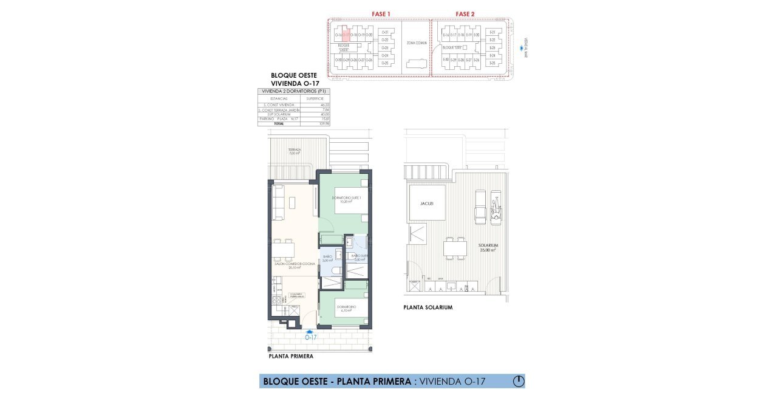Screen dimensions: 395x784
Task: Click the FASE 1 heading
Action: pyautogui.click(x=380, y=13)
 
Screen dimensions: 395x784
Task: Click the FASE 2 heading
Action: pyautogui.click(x=465, y=13)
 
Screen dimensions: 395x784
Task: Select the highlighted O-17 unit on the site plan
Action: pyautogui.click(x=346, y=35)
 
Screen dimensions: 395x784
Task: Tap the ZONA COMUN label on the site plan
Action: pyautogui.click(x=415, y=44)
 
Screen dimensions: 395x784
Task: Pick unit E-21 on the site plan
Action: pyautogui.click(x=493, y=32)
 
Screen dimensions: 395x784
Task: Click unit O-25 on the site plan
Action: pyautogui.click(x=383, y=63)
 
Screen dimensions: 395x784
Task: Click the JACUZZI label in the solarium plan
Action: pyautogui.click(x=428, y=204)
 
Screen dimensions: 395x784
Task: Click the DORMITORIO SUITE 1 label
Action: pyautogui.click(x=346, y=199)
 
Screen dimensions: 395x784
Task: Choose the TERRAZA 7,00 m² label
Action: pyautogui.click(x=295, y=151)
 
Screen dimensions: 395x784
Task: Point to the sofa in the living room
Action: pyautogui.click(x=279, y=202)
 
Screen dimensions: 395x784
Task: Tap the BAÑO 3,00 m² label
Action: pyautogui.click(x=328, y=258)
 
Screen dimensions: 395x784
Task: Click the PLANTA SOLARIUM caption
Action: pyautogui.click(x=428, y=307)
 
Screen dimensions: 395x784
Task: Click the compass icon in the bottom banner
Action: pyautogui.click(x=518, y=382)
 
